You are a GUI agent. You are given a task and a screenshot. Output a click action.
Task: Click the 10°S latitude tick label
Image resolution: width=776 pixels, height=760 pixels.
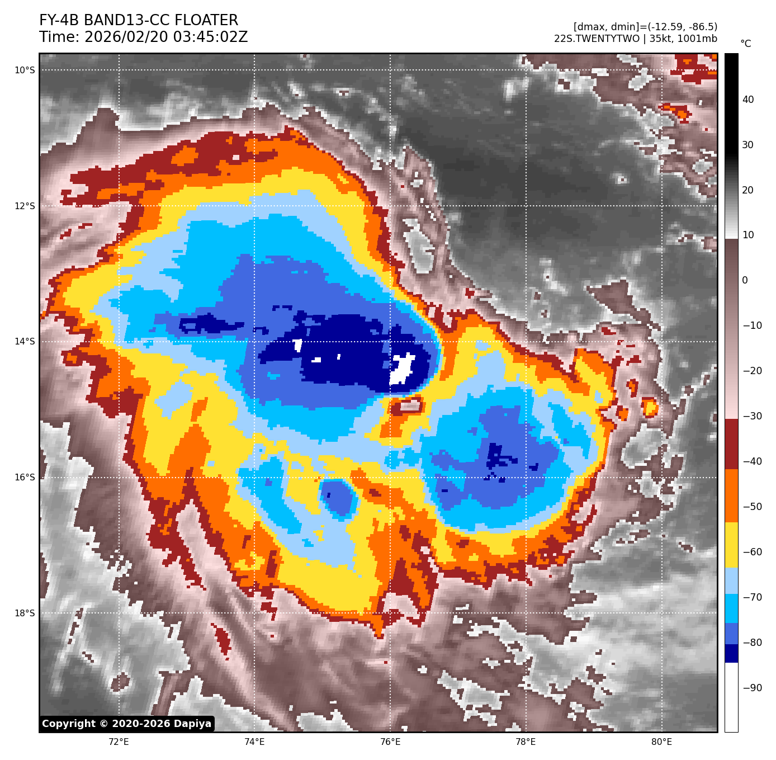coord(25,70)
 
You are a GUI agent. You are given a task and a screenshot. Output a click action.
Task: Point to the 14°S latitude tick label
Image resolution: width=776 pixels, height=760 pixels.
coord(25,341)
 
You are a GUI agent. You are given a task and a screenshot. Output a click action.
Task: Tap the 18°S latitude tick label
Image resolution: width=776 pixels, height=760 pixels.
coord(25,613)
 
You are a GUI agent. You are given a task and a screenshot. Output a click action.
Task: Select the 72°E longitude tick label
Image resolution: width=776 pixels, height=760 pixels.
coord(119,742)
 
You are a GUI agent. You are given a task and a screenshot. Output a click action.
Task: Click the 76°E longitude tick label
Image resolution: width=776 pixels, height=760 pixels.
coord(390,742)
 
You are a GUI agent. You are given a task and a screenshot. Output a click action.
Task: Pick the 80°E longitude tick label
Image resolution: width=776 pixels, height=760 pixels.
coord(661,742)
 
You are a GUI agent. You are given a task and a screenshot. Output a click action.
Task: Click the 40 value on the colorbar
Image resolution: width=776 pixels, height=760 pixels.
coord(748,100)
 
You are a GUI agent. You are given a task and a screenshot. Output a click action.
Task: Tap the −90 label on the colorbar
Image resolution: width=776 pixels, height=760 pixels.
coord(752,688)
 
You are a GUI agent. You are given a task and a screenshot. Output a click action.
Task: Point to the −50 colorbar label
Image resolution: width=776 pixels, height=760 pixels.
coord(752,507)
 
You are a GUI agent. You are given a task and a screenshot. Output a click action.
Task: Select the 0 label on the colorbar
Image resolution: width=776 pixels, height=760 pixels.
coord(745,280)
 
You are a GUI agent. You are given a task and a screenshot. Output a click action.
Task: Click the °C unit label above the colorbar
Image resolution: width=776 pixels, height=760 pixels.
coord(746,44)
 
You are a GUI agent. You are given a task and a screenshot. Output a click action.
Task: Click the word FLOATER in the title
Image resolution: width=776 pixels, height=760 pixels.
coord(206,21)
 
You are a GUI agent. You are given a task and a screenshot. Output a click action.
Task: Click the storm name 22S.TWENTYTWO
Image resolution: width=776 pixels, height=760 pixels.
coord(597,39)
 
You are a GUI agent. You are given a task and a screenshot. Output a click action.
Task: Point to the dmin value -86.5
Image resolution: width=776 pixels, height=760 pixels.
coord(702,27)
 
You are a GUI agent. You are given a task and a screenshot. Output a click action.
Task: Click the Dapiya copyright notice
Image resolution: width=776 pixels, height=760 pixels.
coord(127,724)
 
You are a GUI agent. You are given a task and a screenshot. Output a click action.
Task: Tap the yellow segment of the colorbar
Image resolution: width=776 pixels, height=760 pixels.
coord(731,545)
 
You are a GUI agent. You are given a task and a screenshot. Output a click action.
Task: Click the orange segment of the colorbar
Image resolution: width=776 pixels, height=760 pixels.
coord(731,495)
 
